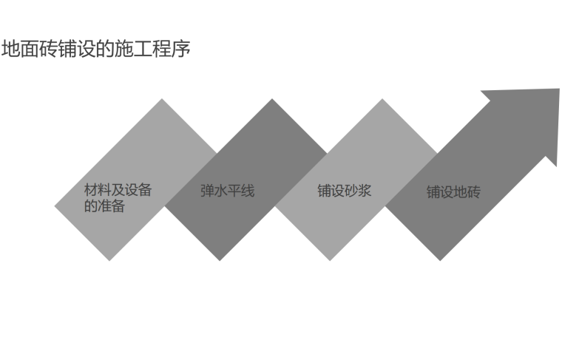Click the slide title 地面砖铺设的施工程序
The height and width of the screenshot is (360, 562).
[x=96, y=50]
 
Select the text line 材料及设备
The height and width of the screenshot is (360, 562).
[x=118, y=190]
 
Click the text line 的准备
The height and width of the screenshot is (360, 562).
[x=104, y=206]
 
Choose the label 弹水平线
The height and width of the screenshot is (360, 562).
[x=227, y=191]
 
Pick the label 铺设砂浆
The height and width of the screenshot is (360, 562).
[x=344, y=191]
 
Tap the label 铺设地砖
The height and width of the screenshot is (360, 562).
[x=453, y=192]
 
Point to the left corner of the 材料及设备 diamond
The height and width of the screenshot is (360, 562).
[x=56, y=206]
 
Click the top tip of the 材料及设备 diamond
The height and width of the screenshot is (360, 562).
[x=163, y=100]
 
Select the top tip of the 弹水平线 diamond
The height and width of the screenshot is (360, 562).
[x=273, y=100]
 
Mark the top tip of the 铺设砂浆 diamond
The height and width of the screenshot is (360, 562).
[x=383, y=100]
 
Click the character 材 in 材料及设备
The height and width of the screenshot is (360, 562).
[x=91, y=190]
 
